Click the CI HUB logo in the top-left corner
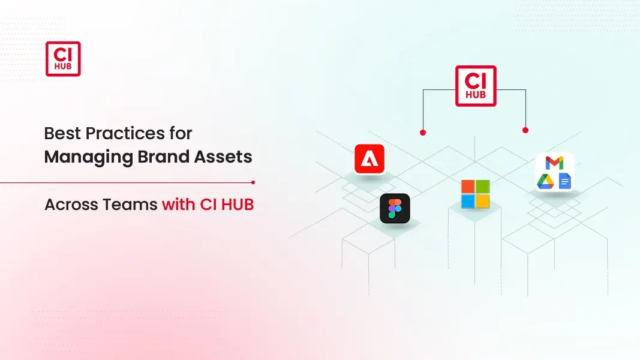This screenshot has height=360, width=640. (x=63, y=59)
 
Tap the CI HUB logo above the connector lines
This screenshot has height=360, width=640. (x=476, y=86)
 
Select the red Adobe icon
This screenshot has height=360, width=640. (x=369, y=159)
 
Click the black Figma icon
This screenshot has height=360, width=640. (x=395, y=208)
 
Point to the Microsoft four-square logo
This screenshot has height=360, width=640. (x=476, y=194)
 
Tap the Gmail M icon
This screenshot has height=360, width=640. (x=554, y=163)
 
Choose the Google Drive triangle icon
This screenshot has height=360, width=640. (x=545, y=181)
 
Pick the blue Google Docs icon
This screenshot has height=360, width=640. (x=565, y=181)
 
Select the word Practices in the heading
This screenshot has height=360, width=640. (x=125, y=133)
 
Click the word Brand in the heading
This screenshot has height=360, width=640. (x=163, y=157)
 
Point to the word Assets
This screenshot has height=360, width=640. (x=223, y=157)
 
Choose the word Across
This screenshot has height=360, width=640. (x=71, y=205)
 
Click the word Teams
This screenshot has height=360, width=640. (x=130, y=205)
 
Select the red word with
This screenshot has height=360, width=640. (x=178, y=205)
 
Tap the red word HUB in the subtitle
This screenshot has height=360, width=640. (x=237, y=205)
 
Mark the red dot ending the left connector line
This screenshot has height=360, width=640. (x=423, y=133)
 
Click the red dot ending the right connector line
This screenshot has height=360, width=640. (x=525, y=130)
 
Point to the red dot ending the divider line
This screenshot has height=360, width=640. (x=253, y=182)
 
